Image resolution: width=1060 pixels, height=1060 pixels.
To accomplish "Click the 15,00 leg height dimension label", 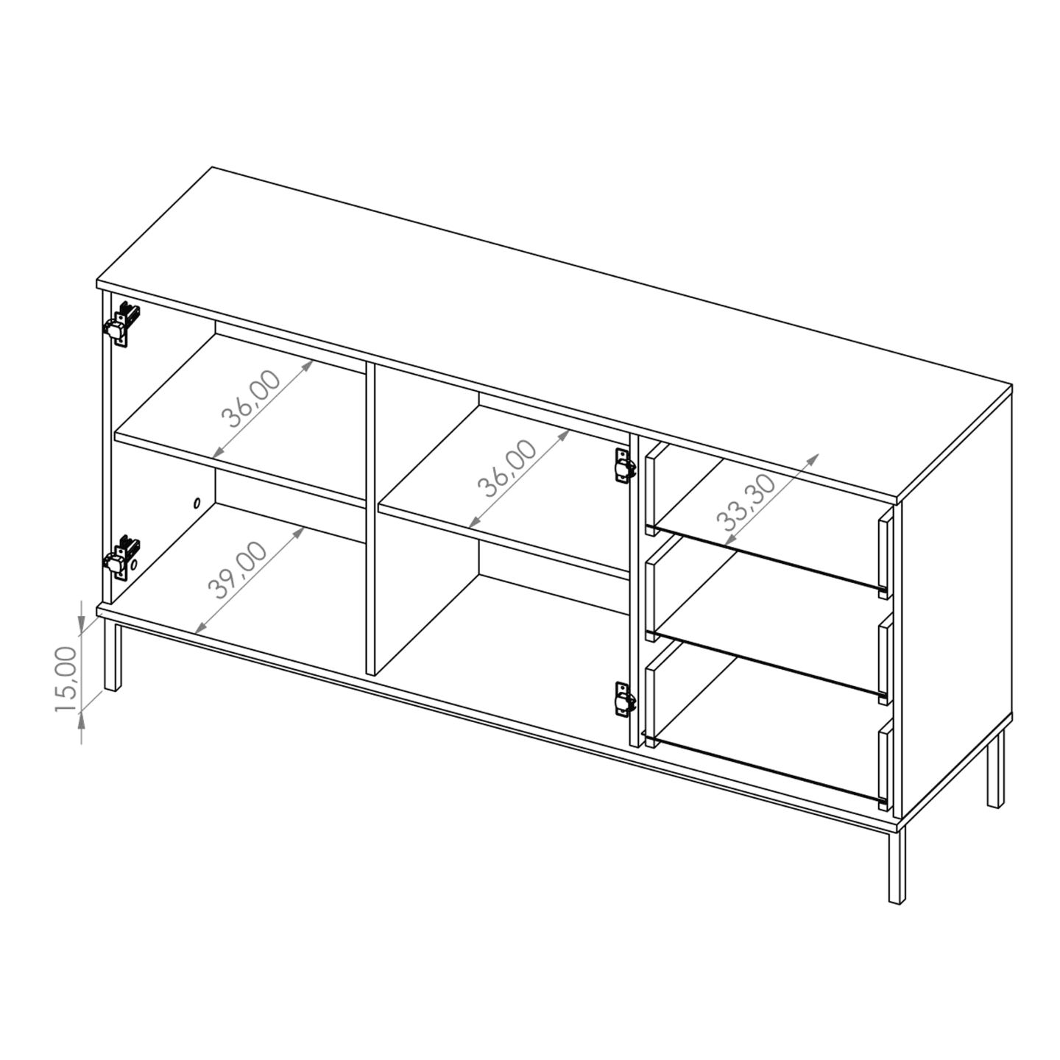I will (x=65, y=679).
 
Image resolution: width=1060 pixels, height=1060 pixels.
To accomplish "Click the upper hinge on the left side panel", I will (x=121, y=324).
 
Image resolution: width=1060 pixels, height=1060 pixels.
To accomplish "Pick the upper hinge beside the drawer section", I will (x=624, y=466).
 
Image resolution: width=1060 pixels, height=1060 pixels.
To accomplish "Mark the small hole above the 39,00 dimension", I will (x=196, y=504).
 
